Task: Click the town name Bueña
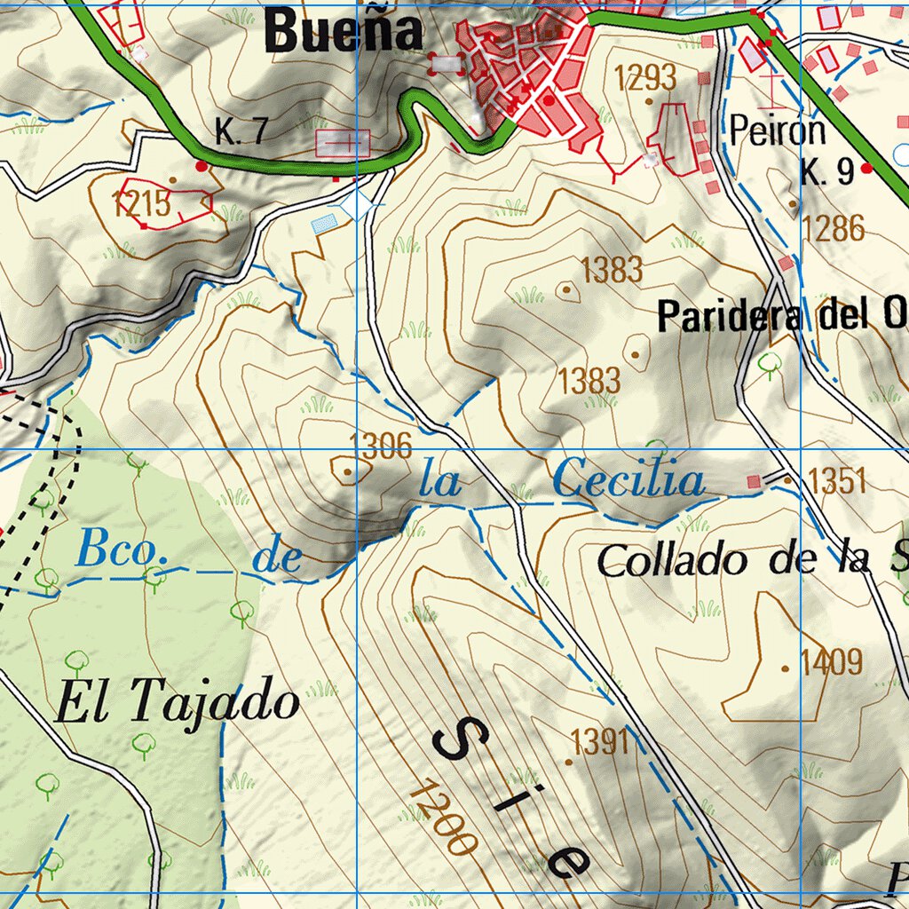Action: (x=344, y=32)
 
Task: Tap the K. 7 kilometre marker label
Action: (x=241, y=132)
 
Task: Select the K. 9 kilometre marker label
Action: (x=826, y=171)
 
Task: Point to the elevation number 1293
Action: (x=645, y=78)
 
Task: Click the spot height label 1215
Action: (x=141, y=203)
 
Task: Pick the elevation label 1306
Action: (x=382, y=446)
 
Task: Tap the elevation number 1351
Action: (x=837, y=482)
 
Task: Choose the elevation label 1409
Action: (x=831, y=662)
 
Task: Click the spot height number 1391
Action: (x=602, y=740)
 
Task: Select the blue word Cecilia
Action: (x=628, y=482)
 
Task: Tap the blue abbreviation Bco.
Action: (x=122, y=549)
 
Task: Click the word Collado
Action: (x=671, y=560)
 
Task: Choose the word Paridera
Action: (x=730, y=317)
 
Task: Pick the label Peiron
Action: (x=778, y=131)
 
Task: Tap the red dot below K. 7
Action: (x=202, y=165)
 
